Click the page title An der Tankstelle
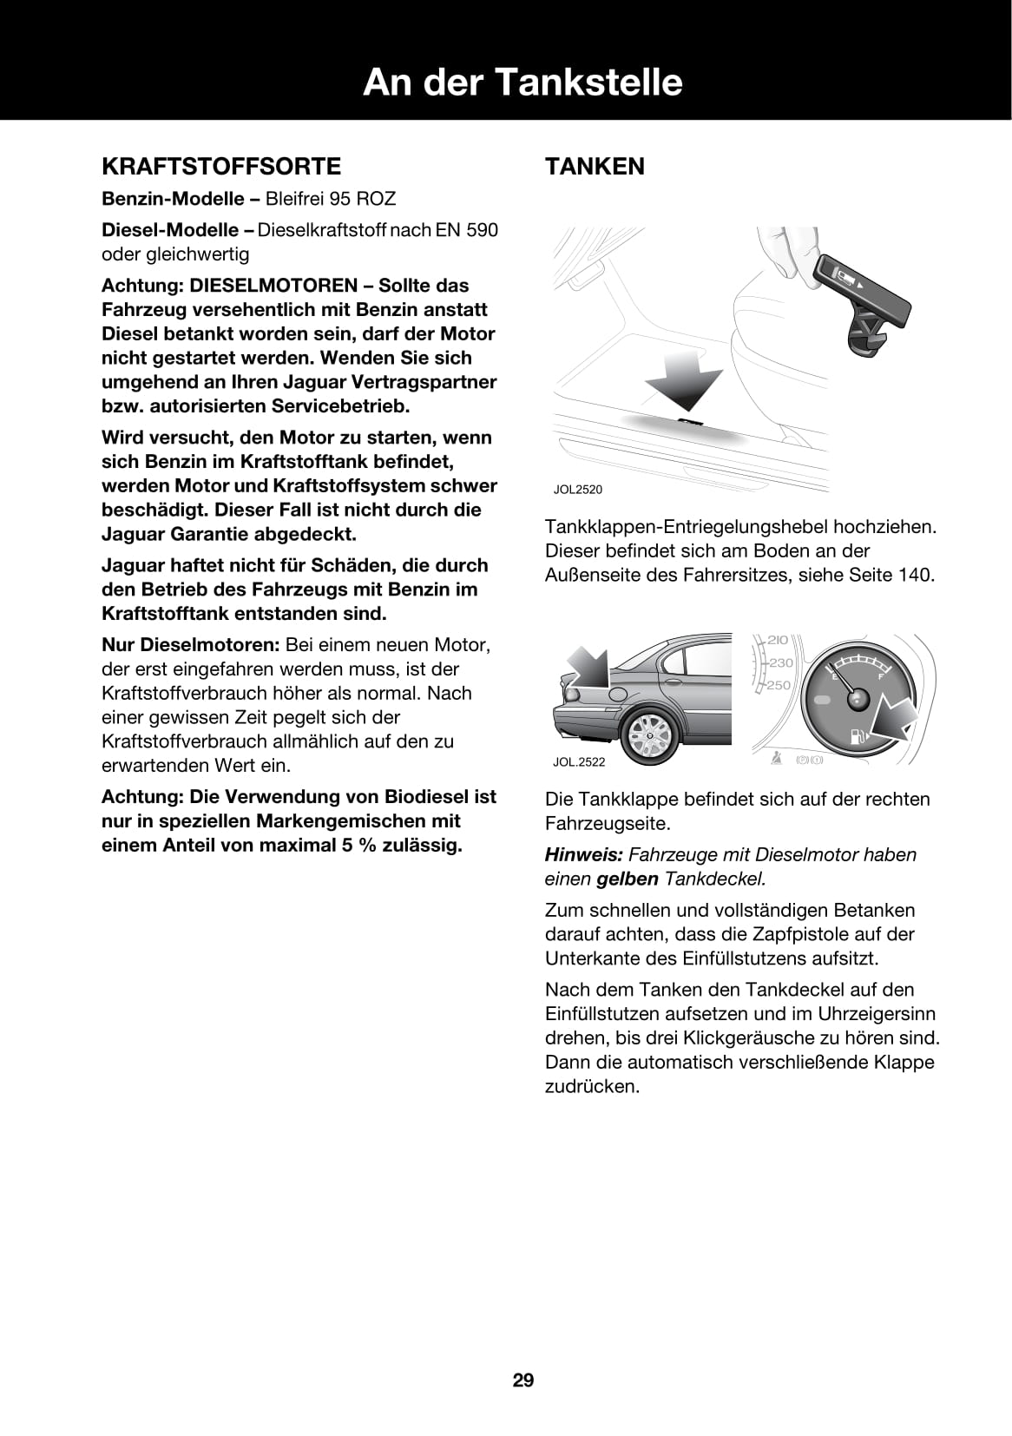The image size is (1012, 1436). [x=522, y=82]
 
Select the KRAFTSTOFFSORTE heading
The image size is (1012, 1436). [x=221, y=166]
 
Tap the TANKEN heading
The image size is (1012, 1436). [x=595, y=166]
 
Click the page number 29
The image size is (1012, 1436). [x=523, y=1380]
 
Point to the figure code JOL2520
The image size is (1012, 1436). [x=577, y=490]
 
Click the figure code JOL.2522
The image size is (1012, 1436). [x=579, y=762]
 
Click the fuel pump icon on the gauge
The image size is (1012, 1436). [x=858, y=738]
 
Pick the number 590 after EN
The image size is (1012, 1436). [x=481, y=230]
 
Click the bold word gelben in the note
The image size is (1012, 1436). [x=628, y=879]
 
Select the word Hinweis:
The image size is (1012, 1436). [x=583, y=854]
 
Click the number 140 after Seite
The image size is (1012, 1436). [x=915, y=575]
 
